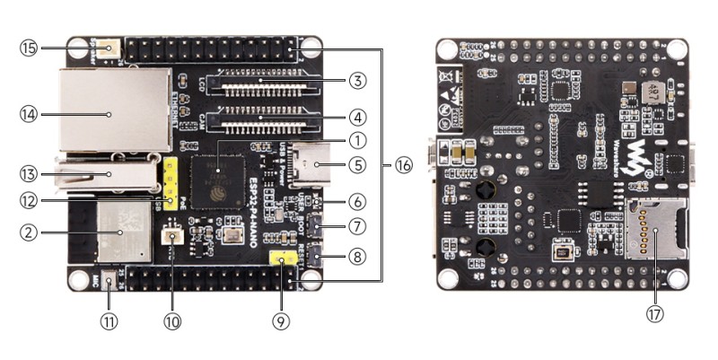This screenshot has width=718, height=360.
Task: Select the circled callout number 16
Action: (x=403, y=165)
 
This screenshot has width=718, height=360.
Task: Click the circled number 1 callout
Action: (x=357, y=140)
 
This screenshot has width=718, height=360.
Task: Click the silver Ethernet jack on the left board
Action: (x=115, y=109)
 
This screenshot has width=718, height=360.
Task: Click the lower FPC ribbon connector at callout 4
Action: (x=262, y=117)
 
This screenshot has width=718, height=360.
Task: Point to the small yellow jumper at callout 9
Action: (x=284, y=260)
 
